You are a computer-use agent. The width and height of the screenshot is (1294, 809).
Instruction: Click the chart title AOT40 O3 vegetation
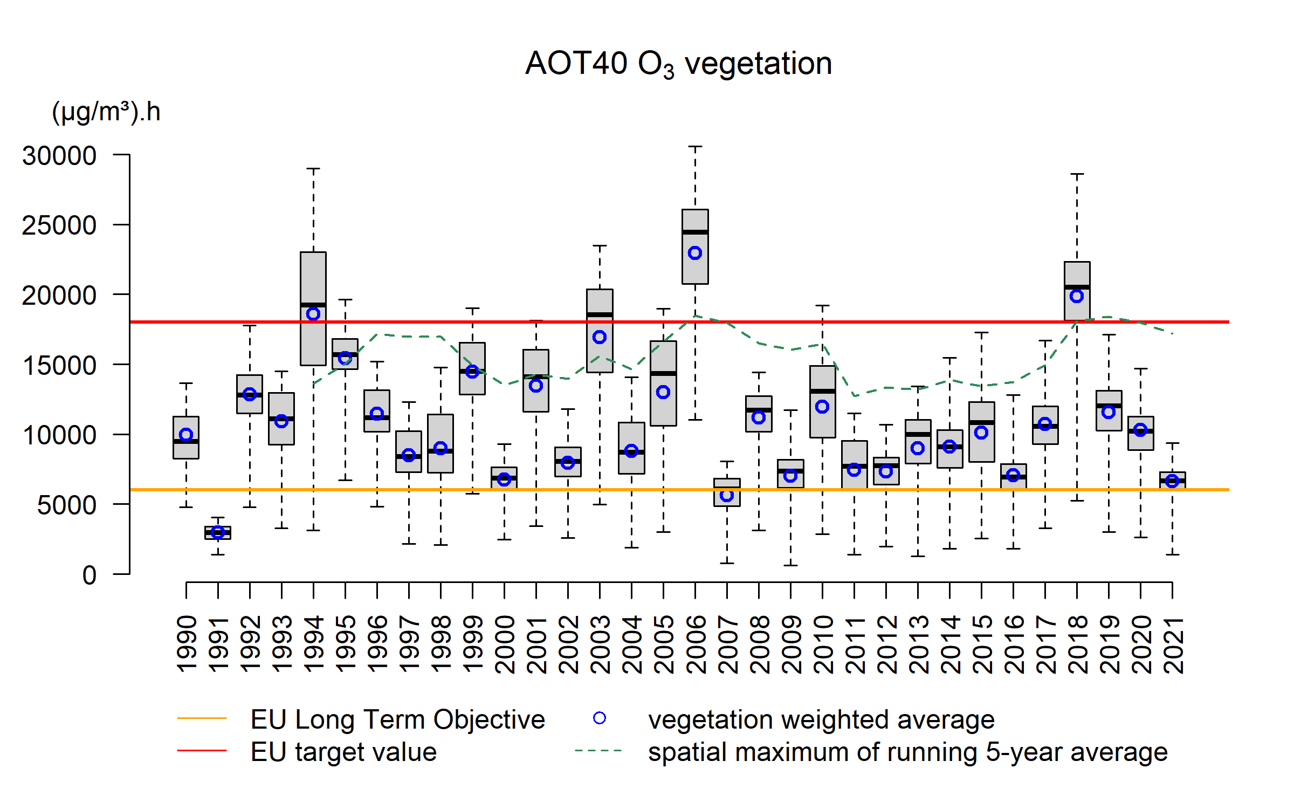click(x=678, y=64)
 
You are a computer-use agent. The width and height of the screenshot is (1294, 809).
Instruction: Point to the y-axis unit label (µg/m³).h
click(x=106, y=112)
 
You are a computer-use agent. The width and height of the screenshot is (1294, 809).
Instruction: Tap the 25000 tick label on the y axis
click(x=59, y=225)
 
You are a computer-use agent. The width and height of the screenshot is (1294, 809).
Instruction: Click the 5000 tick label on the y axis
click(x=67, y=505)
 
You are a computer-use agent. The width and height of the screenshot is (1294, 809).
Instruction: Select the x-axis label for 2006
click(x=696, y=645)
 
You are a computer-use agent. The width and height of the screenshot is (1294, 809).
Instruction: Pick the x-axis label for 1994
click(x=314, y=645)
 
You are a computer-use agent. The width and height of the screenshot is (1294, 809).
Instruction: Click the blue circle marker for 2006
click(x=695, y=253)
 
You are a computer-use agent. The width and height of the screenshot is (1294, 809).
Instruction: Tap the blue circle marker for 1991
click(x=218, y=532)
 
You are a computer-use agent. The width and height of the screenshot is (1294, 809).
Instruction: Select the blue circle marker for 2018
click(x=1077, y=296)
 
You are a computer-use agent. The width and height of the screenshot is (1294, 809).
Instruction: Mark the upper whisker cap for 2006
click(x=695, y=146)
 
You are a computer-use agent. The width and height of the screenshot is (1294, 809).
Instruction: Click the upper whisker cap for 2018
click(x=1077, y=174)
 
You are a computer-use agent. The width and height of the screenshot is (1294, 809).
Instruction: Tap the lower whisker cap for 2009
click(x=790, y=565)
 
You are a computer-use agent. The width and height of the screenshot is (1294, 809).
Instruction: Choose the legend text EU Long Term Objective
click(x=398, y=719)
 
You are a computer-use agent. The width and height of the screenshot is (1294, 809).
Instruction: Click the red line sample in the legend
click(x=202, y=750)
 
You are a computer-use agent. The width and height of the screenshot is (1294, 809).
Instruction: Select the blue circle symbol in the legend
click(x=600, y=718)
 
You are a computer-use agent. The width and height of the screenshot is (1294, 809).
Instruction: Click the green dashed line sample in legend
click(x=598, y=750)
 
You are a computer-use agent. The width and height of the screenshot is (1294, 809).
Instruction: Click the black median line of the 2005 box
click(x=663, y=373)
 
